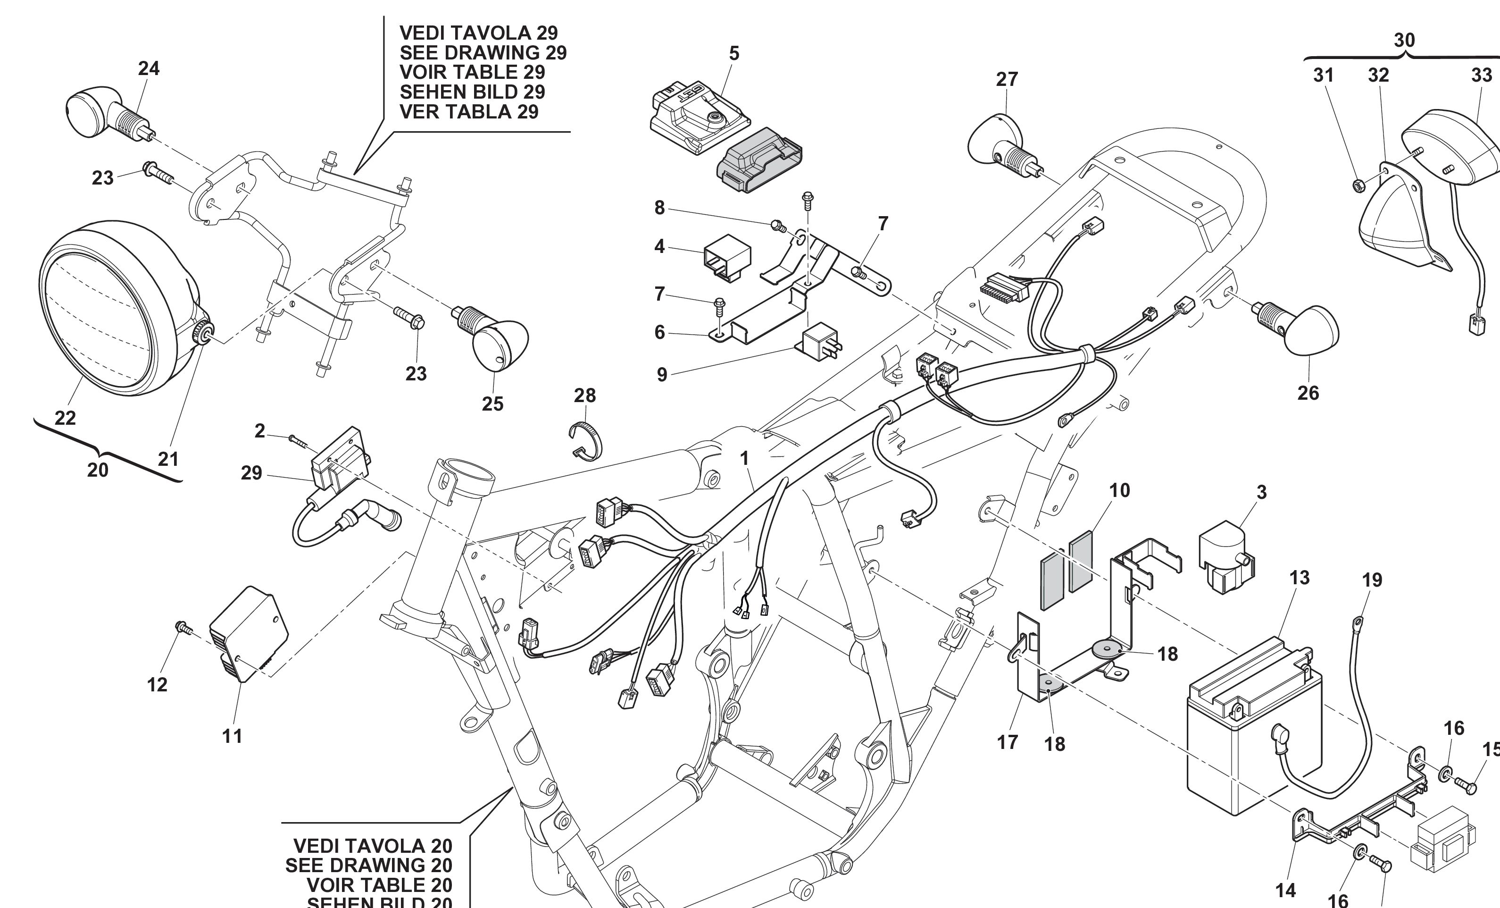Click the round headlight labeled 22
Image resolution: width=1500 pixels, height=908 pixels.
click(x=116, y=308)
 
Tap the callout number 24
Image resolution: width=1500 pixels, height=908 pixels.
click(x=149, y=68)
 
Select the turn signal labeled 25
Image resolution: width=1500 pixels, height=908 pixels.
click(x=496, y=341)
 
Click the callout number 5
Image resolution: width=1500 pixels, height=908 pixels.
click(x=734, y=54)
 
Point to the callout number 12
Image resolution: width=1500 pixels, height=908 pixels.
click(x=157, y=684)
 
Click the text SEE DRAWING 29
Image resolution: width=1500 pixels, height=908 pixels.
click(x=483, y=53)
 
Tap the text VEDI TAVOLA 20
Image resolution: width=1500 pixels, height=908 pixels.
click(x=373, y=846)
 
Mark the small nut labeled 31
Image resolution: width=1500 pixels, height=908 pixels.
click(x=1358, y=185)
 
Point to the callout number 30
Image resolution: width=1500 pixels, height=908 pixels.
click(x=1404, y=40)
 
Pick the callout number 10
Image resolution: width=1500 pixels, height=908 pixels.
click(x=1119, y=490)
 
